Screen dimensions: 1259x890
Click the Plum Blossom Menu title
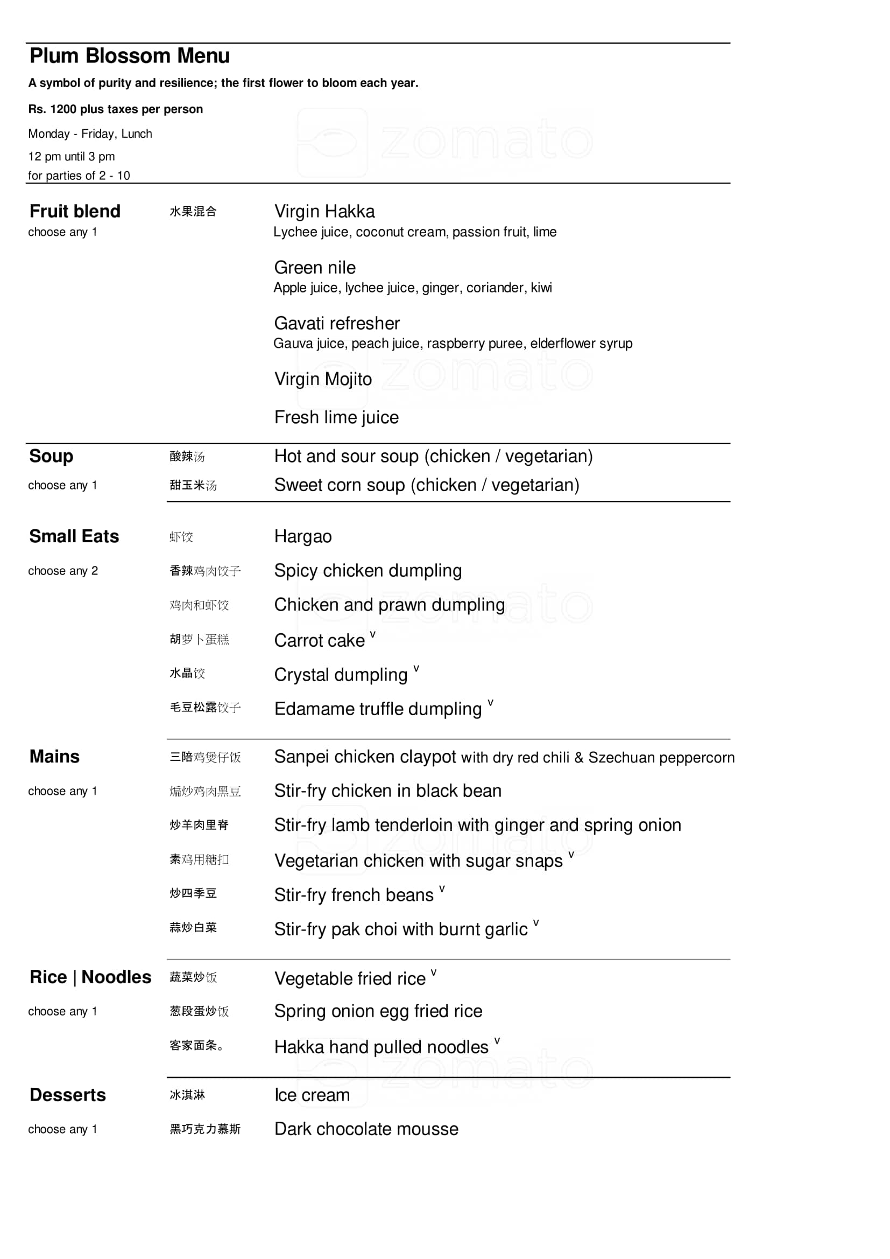point(129,56)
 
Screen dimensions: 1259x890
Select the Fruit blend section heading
point(75,211)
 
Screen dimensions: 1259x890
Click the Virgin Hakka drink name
point(324,211)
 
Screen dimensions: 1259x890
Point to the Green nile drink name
point(315,268)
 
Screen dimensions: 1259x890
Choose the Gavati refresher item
point(336,323)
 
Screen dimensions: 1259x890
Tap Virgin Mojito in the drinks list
point(323,379)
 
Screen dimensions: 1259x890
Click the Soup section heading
point(51,456)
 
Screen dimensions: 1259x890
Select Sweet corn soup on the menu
point(426,485)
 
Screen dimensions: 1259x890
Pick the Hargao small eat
point(302,536)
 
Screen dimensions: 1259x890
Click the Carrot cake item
point(319,640)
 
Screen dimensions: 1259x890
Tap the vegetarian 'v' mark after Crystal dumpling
point(416,668)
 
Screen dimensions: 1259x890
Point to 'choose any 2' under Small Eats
point(63,571)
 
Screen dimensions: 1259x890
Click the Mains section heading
point(54,757)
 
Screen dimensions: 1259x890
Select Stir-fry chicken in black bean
point(387,791)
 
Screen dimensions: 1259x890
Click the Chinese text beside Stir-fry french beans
point(193,893)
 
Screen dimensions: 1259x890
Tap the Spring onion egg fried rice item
point(378,1011)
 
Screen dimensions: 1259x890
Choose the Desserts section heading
point(67,1095)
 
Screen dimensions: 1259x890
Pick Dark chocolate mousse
point(366,1129)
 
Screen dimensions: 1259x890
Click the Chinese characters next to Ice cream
point(187,1095)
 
